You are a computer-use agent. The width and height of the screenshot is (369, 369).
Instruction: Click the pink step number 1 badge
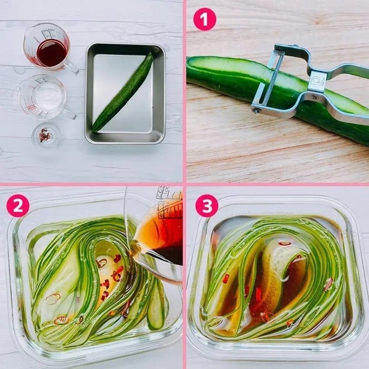tap(204, 19)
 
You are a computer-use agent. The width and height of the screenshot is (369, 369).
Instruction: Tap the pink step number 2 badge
tap(18, 206)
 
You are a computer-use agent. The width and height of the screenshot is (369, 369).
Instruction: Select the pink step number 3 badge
tap(207, 206)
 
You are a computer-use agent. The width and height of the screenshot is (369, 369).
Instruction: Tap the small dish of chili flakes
tap(46, 136)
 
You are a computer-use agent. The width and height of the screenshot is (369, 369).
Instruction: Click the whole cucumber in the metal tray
tap(123, 93)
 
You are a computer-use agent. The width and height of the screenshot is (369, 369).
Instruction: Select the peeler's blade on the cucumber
tap(268, 78)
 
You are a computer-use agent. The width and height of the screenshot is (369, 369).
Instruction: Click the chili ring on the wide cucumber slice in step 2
tap(53, 298)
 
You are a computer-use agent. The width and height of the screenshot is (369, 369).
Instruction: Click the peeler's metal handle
tap(339, 94)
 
